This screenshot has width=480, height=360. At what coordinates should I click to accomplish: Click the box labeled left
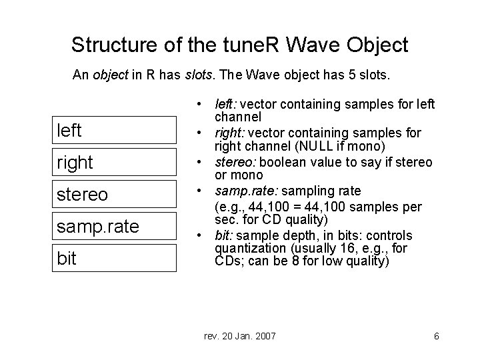click(115, 130)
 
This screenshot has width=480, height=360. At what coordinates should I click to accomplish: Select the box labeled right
click(115, 162)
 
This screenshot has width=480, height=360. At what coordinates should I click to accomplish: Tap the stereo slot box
click(115, 194)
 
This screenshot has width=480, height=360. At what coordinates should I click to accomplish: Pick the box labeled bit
click(115, 258)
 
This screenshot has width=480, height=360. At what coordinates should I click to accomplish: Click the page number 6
click(436, 336)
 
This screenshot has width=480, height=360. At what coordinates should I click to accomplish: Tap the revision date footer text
click(239, 336)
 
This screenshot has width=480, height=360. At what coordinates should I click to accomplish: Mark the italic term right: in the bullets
click(229, 133)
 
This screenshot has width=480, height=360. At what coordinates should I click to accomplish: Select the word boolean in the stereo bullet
click(277, 163)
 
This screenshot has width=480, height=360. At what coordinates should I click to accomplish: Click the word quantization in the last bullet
click(247, 248)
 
